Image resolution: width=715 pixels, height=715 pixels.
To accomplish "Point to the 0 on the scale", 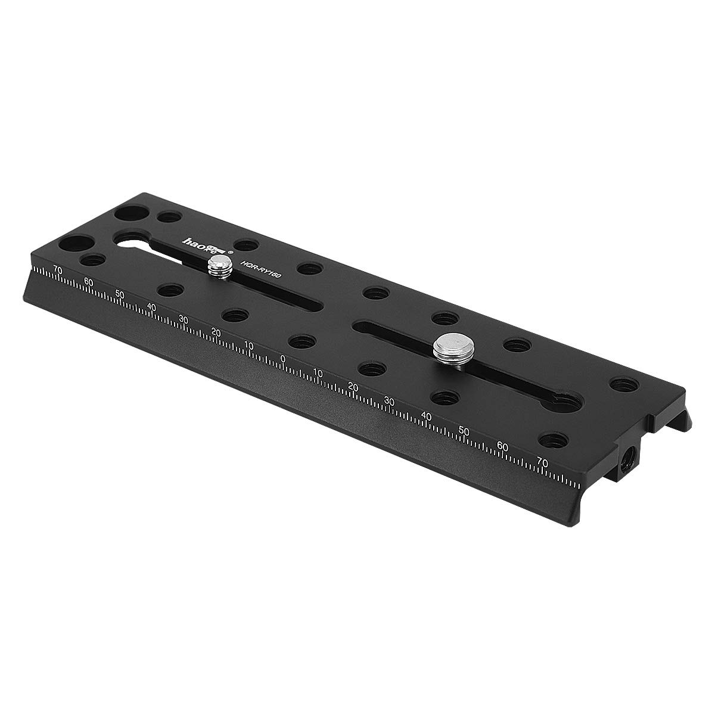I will [283, 359].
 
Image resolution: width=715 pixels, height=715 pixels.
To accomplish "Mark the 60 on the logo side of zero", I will [89, 282].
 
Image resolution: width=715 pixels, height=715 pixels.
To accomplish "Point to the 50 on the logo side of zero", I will [120, 294].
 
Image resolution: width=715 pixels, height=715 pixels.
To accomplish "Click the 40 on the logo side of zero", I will [152, 307].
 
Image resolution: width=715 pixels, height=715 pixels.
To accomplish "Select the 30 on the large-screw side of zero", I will [390, 400].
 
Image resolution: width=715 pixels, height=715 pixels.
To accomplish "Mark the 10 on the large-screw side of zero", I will [318, 373].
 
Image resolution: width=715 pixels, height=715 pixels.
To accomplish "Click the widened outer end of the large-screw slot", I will [565, 405].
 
